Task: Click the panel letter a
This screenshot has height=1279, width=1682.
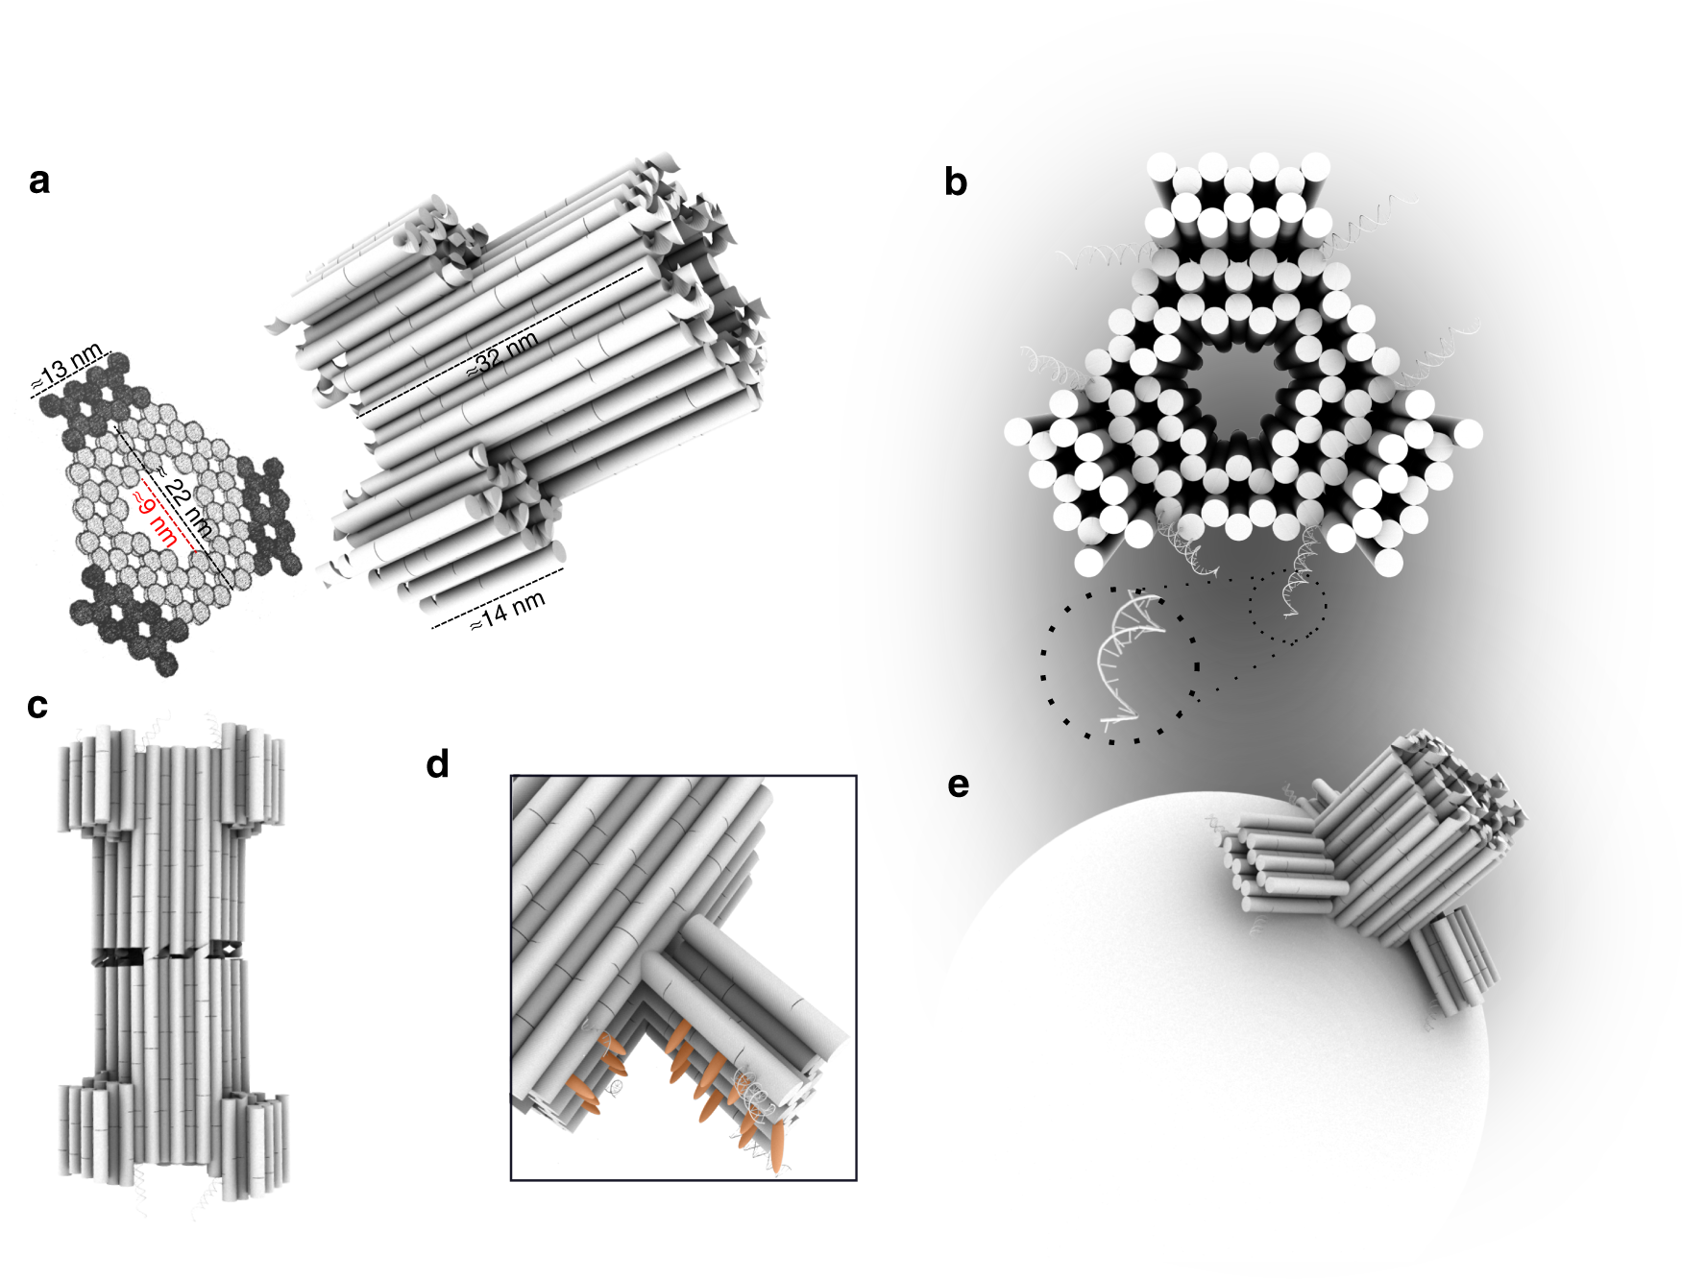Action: [39, 181]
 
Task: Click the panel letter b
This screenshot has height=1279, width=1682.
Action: [955, 181]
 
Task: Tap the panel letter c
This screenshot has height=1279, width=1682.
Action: [37, 706]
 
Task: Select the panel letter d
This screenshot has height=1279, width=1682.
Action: [437, 764]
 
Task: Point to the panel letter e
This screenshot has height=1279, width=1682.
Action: [958, 785]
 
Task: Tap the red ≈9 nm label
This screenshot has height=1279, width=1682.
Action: [155, 517]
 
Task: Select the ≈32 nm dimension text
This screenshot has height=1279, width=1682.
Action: [501, 353]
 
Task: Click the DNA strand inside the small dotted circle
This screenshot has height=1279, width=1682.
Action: [1291, 591]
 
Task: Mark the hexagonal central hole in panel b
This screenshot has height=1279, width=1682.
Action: [1238, 395]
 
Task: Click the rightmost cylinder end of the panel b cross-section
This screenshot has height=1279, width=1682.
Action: [1467, 433]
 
